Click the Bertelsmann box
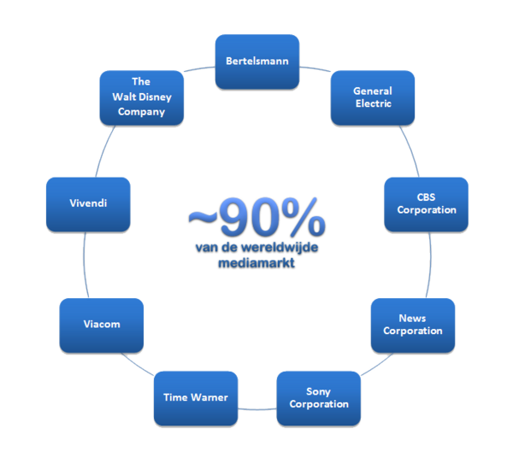point(256,62)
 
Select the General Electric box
point(373,97)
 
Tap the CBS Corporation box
point(426,204)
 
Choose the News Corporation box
point(412,325)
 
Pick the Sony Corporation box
point(318,398)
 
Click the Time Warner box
point(196,398)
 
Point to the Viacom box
point(102,325)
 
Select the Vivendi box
point(88,204)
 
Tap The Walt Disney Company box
point(141,97)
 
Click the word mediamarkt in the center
point(256,262)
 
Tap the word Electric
point(373,103)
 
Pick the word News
point(412,319)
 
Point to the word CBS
point(426,198)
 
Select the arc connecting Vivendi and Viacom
point(84,265)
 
